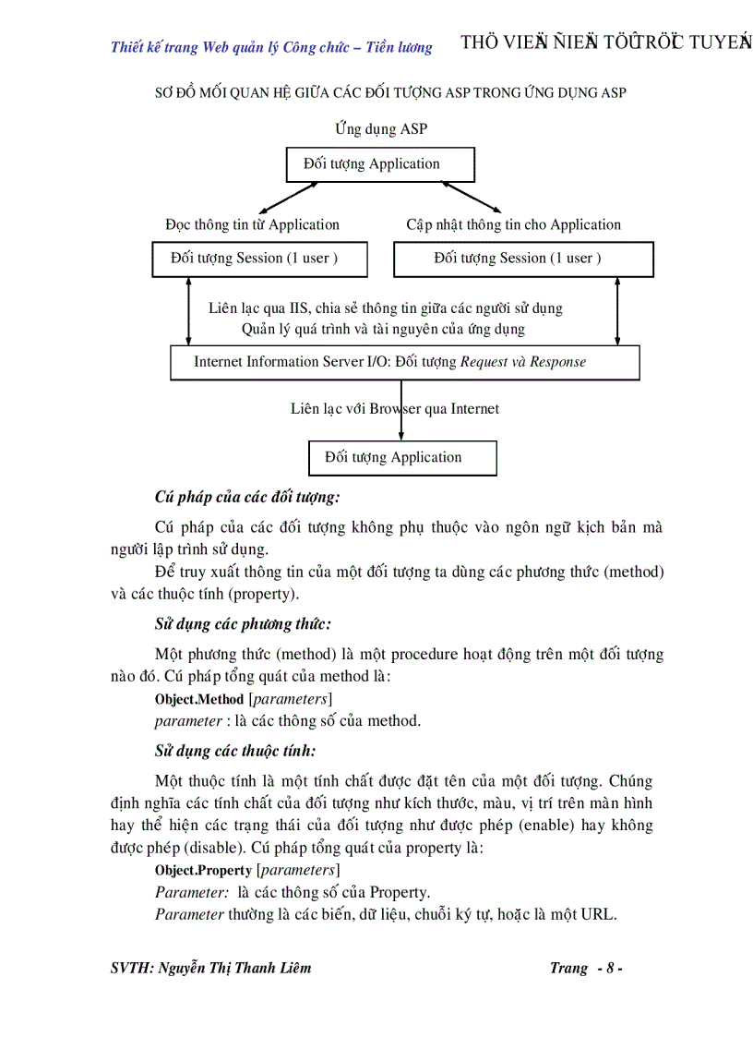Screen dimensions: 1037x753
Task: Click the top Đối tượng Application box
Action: coord(380,164)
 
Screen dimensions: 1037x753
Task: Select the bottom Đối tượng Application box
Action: coord(401,458)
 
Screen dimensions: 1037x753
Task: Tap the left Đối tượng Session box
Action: coord(259,259)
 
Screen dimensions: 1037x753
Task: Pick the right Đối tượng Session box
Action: coord(523,259)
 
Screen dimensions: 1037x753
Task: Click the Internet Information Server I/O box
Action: coord(404,362)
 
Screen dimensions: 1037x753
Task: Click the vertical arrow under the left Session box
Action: coord(188,311)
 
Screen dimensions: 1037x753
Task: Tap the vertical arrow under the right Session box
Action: coord(617,311)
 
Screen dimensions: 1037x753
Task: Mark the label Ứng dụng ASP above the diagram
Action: coord(381,129)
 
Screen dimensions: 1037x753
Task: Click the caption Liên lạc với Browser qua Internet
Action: coord(394,409)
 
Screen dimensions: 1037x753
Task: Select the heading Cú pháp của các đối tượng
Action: coord(247,497)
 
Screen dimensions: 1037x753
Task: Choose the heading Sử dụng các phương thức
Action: coord(243,624)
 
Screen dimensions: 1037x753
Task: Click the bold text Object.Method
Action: coord(199,699)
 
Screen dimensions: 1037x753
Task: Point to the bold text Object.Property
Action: coord(203,871)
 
